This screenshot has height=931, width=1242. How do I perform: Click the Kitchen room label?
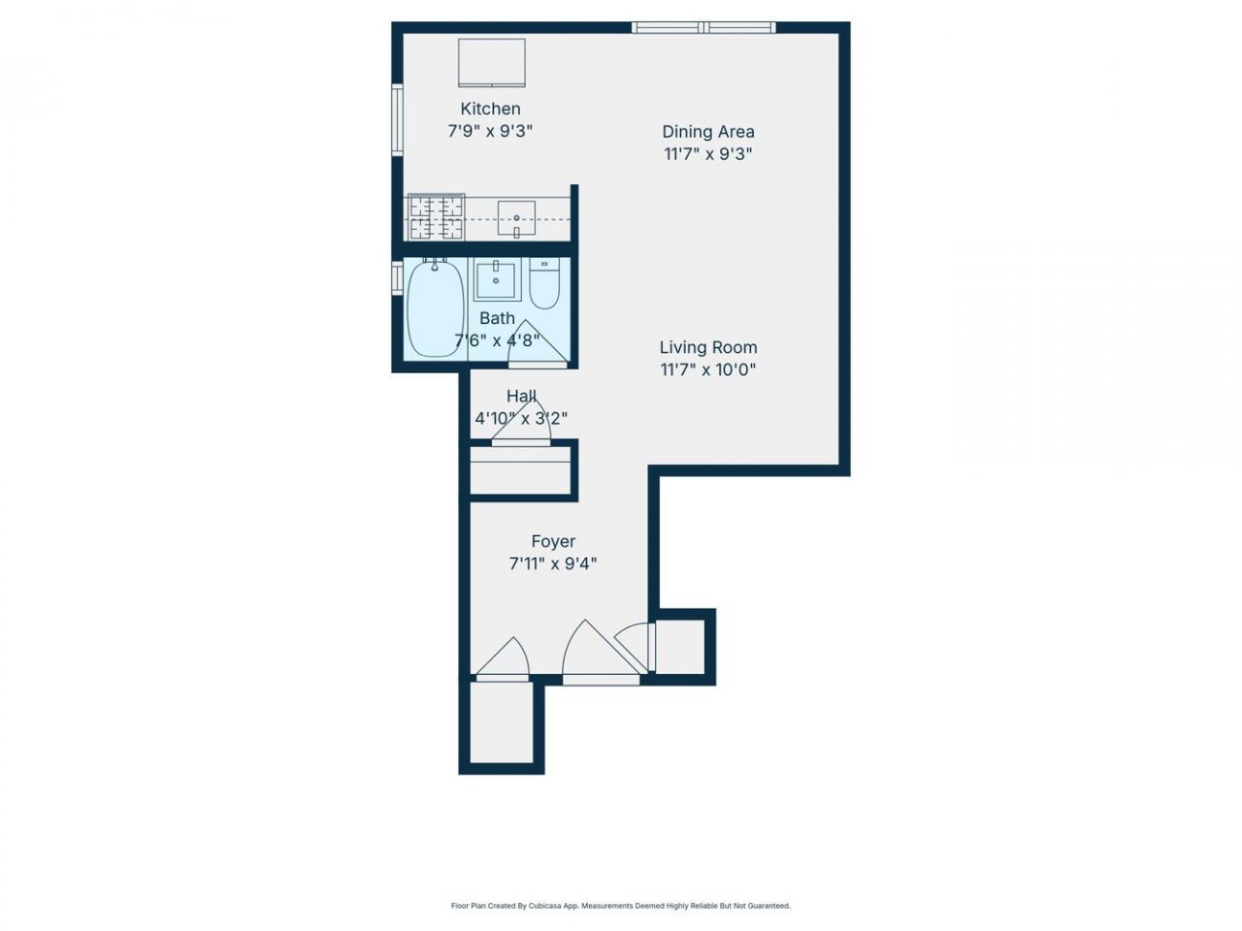pyautogui.click(x=490, y=109)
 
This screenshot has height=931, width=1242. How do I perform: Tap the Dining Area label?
pyautogui.click(x=708, y=132)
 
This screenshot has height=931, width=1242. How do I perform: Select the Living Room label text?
pyautogui.click(x=708, y=347)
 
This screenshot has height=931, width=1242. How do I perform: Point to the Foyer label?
pyautogui.click(x=553, y=541)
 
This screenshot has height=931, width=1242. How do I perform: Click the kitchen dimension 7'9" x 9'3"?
pyautogui.click(x=490, y=131)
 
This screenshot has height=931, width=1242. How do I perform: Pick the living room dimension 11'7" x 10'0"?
pyautogui.click(x=708, y=369)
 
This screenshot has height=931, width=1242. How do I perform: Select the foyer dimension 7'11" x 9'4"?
pyautogui.click(x=553, y=563)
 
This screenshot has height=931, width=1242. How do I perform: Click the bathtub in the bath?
pyautogui.click(x=435, y=307)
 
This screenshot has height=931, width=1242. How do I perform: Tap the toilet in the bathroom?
pyautogui.click(x=544, y=283)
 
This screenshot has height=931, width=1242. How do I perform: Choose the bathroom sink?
pyautogui.click(x=496, y=280)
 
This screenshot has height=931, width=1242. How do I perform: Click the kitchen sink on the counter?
pyautogui.click(x=516, y=217)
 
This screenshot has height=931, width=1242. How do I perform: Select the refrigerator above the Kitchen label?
pyautogui.click(x=492, y=63)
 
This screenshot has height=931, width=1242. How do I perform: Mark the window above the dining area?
pyautogui.click(x=703, y=27)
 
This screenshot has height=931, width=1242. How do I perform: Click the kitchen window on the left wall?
pyautogui.click(x=397, y=119)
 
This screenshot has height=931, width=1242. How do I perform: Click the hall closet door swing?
pyautogui.click(x=521, y=421)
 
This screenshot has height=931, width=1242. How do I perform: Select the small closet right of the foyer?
pyautogui.click(x=679, y=647)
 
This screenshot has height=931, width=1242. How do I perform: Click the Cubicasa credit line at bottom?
pyautogui.click(x=621, y=906)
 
